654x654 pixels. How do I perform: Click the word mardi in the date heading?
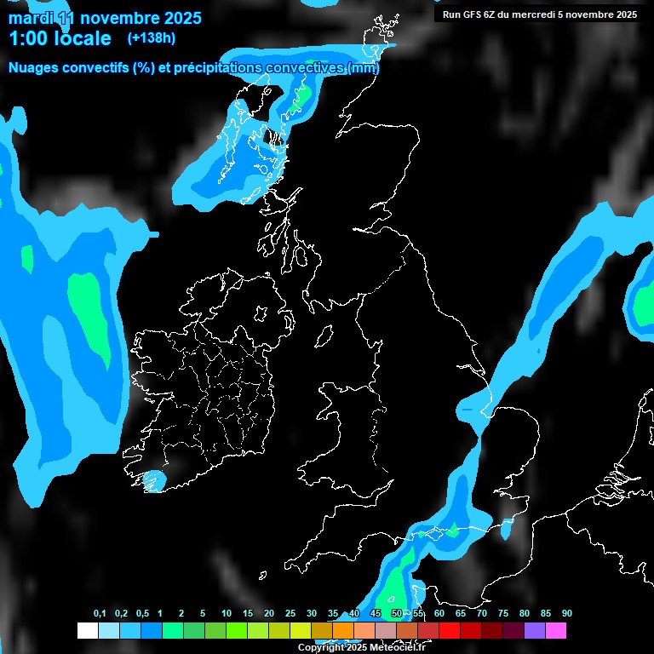pyautogui.click(x=31, y=18)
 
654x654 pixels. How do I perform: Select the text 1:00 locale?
pyautogui.click(x=60, y=38)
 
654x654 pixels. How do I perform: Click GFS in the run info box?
pyautogui.click(x=474, y=14)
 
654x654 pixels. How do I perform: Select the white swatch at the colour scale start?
pyautogui.click(x=87, y=631)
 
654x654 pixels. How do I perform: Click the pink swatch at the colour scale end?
pyautogui.click(x=556, y=631)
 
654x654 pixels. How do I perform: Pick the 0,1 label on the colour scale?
pyautogui.click(x=100, y=614)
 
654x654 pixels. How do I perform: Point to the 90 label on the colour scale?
pyautogui.click(x=567, y=614)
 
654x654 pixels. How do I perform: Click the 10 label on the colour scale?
pyautogui.click(x=227, y=614)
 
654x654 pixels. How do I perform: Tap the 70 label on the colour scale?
pyautogui.click(x=482, y=614)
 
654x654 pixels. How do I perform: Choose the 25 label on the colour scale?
pyautogui.click(x=290, y=614)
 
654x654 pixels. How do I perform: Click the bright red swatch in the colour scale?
pyautogui.click(x=450, y=631)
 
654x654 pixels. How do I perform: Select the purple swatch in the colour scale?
pyautogui.click(x=535, y=631)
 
